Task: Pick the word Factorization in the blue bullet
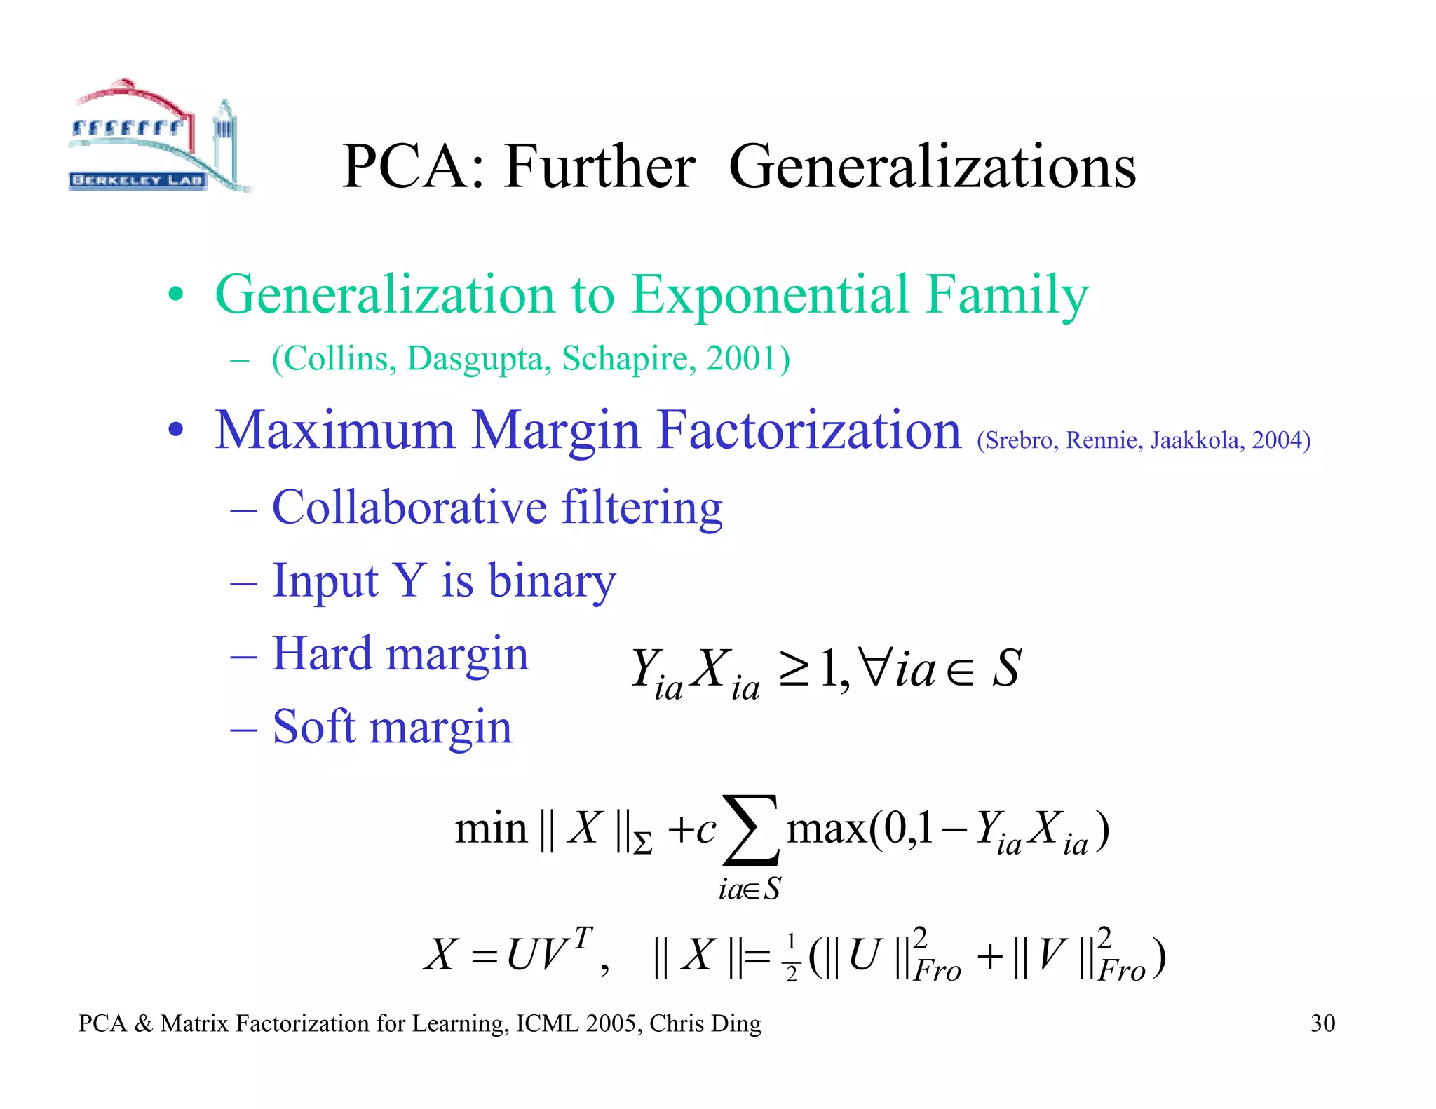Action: (809, 430)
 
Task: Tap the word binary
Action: (552, 581)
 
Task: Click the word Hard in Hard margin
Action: (322, 653)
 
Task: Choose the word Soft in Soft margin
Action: (313, 726)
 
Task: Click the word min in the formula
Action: (491, 829)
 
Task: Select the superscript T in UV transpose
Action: (583, 937)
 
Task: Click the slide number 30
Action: (1322, 1023)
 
